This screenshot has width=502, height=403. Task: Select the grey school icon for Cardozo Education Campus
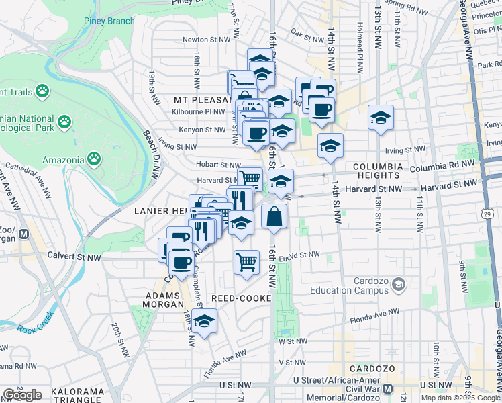click(x=399, y=285)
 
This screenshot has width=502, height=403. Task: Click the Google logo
click(x=22, y=394)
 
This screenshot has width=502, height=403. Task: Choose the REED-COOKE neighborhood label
click(x=241, y=298)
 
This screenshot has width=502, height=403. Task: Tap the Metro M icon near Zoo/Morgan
click(x=24, y=234)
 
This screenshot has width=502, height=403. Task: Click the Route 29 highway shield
click(x=488, y=214)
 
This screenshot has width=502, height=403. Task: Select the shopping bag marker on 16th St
click(x=274, y=217)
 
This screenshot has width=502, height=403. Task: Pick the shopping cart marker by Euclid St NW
click(x=246, y=261)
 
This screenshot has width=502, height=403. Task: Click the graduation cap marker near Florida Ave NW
click(x=205, y=322)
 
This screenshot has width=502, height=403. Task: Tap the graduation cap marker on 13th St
click(x=381, y=118)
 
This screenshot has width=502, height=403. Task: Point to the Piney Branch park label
click(x=109, y=21)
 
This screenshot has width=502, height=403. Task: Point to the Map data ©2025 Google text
click(x=460, y=398)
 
